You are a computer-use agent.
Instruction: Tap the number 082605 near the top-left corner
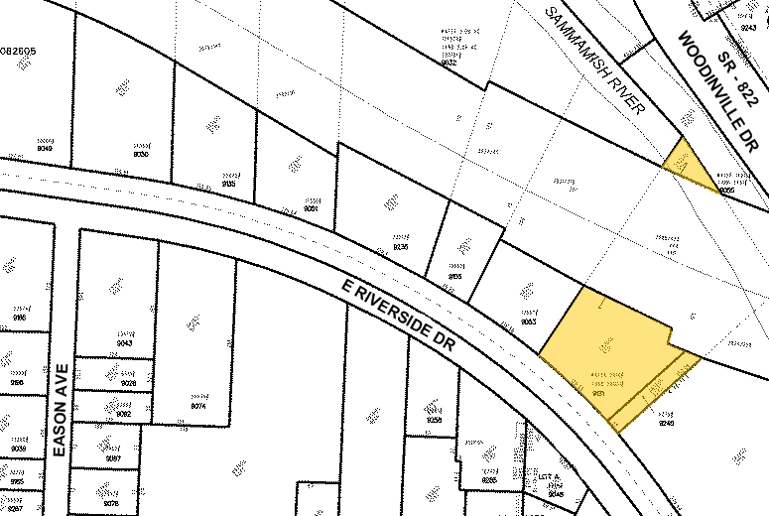point(19,50)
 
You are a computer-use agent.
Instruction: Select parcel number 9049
point(46,150)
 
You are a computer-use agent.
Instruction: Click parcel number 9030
point(141,154)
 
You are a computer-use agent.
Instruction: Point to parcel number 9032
point(449,62)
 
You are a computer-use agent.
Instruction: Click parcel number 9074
point(195,406)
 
